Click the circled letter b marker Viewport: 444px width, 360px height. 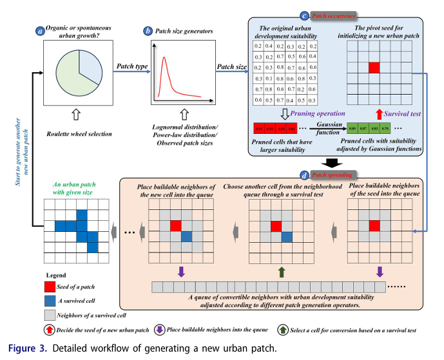pos(149,30)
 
